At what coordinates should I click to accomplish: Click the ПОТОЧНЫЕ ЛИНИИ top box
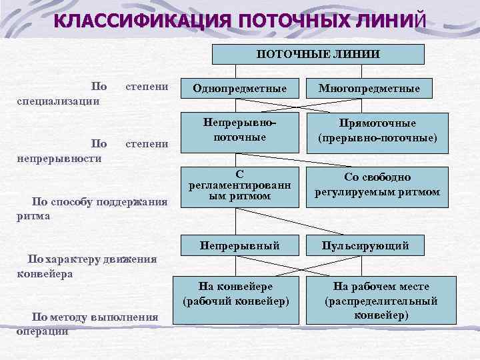point(318,54)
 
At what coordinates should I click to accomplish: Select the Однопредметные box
point(239,88)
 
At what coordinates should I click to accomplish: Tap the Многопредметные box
point(369,88)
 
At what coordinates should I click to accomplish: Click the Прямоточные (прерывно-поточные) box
point(377,131)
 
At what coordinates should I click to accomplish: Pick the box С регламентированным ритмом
point(239,185)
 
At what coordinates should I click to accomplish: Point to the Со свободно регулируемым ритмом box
point(377,185)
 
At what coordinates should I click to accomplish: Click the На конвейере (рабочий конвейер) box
point(236,293)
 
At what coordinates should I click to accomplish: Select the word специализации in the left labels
point(58,101)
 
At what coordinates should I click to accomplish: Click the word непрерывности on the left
point(59,158)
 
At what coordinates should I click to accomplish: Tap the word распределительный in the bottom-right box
point(381,301)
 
